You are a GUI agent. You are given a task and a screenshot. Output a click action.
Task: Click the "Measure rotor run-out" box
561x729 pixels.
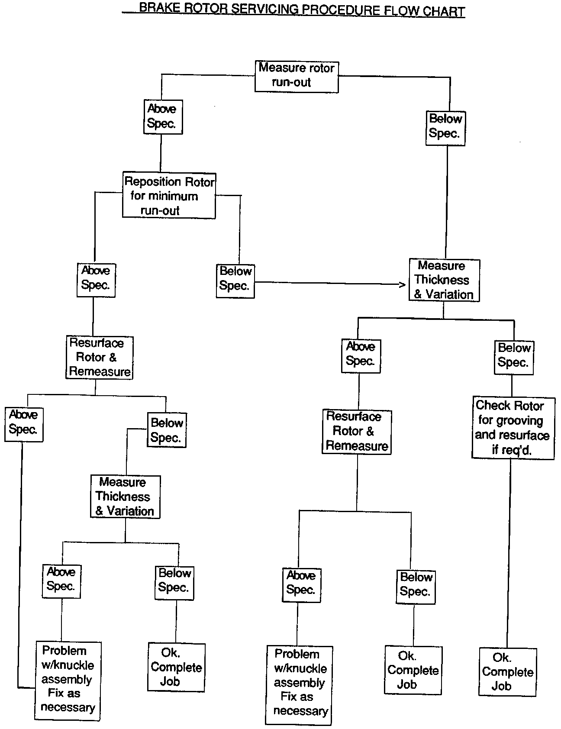[x=297, y=76]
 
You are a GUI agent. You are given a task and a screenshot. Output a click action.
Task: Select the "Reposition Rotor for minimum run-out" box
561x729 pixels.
[x=169, y=196]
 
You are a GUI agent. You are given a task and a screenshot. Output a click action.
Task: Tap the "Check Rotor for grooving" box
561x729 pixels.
[x=513, y=428]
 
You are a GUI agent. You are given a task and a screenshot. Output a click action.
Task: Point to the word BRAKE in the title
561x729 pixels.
[x=157, y=8]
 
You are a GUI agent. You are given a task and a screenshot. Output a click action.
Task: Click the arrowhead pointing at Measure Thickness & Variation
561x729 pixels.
[x=402, y=284]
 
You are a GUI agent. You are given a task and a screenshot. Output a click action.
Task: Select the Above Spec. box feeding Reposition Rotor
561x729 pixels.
[x=162, y=116]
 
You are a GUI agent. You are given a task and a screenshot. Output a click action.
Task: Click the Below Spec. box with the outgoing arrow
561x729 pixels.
[x=235, y=281]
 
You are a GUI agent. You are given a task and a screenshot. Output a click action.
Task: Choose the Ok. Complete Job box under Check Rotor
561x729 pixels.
[x=507, y=672]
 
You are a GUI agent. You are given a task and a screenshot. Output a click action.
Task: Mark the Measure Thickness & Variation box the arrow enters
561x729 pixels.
[x=444, y=280]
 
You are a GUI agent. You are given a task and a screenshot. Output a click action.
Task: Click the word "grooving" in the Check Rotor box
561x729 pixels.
[x=520, y=420]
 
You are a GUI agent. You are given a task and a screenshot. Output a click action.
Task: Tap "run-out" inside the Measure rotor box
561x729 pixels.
[x=291, y=82]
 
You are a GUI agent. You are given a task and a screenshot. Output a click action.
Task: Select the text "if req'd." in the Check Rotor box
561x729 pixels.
[x=512, y=450]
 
